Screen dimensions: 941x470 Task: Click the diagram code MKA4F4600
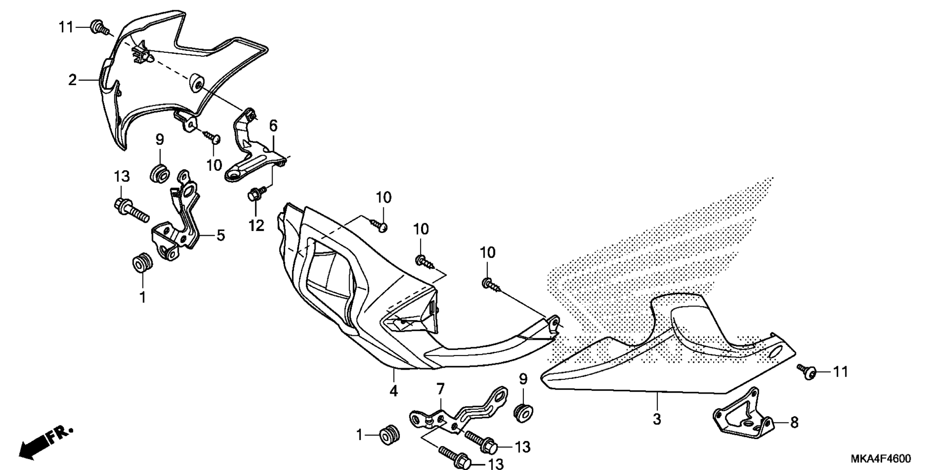[x=881, y=459]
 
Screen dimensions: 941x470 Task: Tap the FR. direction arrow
[x=46, y=442]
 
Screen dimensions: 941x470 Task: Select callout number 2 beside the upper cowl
[x=73, y=79]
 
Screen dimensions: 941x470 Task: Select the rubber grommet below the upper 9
[x=159, y=174]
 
